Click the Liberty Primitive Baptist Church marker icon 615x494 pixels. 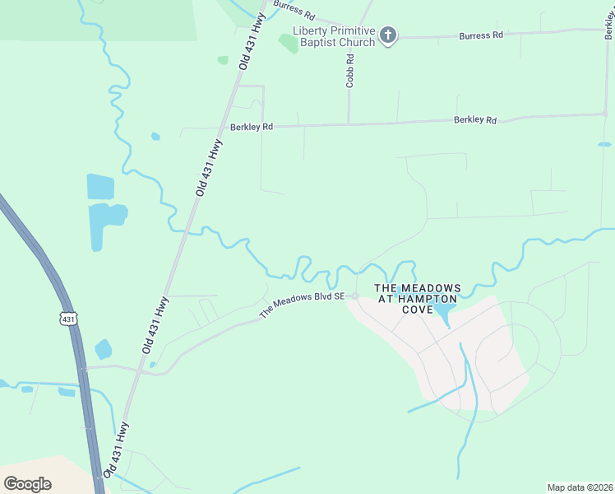pos(388,35)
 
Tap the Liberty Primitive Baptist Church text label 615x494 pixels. pos(334,36)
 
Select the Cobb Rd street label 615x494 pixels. pos(349,71)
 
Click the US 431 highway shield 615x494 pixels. pos(68,318)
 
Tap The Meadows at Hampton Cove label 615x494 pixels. pos(418,298)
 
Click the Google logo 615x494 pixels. pos(27,483)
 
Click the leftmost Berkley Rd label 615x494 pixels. pos(251,127)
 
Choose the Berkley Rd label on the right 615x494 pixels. pos(475,120)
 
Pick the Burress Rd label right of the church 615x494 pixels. pos(481,35)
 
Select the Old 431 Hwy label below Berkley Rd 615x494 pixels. pos(210,167)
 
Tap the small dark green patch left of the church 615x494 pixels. pos(288,43)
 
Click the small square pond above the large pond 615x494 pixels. pos(100,186)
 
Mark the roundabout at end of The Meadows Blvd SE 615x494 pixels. pos(355,296)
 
